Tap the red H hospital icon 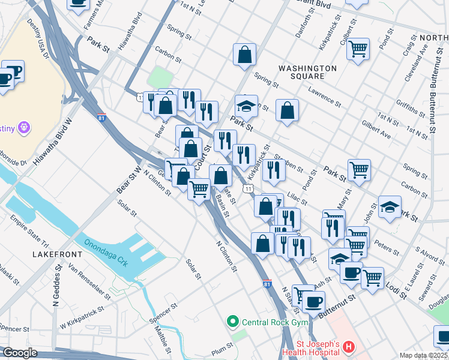click(350, 347)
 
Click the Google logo click(20, 353)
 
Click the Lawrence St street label click(324, 95)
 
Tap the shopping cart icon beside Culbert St click(358, 50)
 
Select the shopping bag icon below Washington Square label click(288, 110)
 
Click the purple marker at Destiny click(25, 127)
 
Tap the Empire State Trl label click(29, 234)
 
